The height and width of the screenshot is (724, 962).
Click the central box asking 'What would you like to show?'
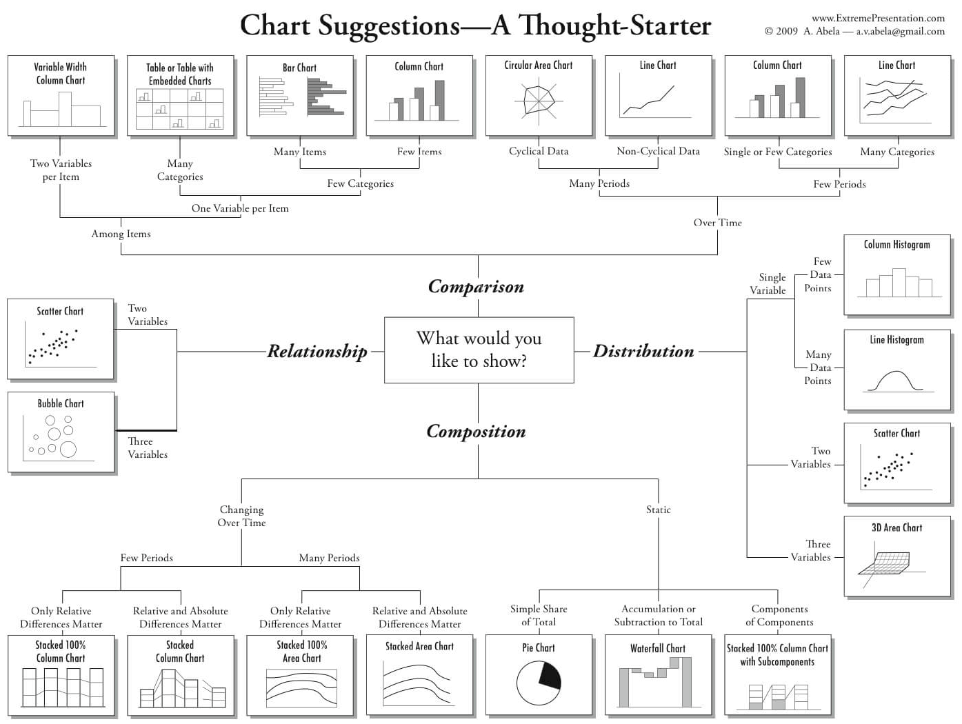tap(479, 350)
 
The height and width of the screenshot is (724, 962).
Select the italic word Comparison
tap(476, 287)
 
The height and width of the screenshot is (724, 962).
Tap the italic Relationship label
tap(317, 352)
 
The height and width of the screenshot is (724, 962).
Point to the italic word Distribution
tap(643, 352)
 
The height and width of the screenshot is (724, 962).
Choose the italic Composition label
tap(476, 432)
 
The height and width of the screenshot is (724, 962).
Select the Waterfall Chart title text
tap(658, 648)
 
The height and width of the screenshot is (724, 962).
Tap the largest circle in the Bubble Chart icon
tap(68, 450)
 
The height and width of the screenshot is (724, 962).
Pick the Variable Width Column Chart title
tap(61, 73)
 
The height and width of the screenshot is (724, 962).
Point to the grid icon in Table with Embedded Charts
tap(180, 109)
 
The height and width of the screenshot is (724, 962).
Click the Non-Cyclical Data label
tap(658, 152)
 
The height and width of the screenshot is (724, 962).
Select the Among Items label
tap(121, 234)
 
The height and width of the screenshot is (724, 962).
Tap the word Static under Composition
tap(658, 510)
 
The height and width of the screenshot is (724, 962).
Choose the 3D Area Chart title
tap(896, 527)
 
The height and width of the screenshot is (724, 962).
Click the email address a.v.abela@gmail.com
tap(900, 31)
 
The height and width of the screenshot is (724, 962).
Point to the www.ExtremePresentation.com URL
tap(878, 18)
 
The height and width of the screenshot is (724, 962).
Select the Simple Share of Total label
tap(539, 615)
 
